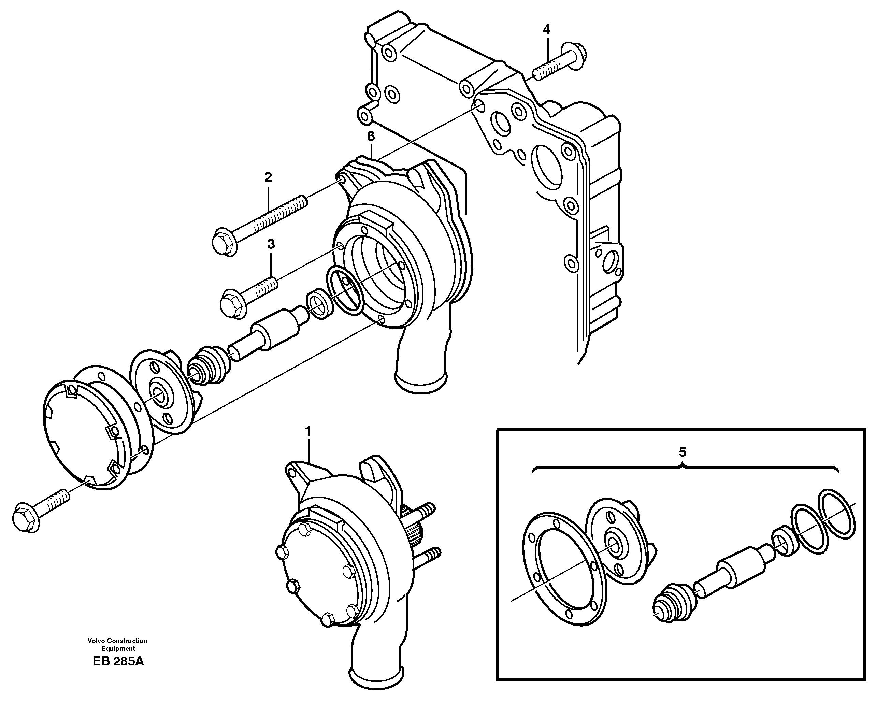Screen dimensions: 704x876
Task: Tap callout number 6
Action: tap(371, 137)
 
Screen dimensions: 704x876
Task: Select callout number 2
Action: tap(268, 177)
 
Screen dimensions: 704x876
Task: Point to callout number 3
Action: tap(271, 244)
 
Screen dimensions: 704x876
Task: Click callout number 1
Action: tap(308, 431)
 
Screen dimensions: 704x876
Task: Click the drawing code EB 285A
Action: tap(118, 661)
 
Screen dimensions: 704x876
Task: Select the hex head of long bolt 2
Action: tap(224, 243)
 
